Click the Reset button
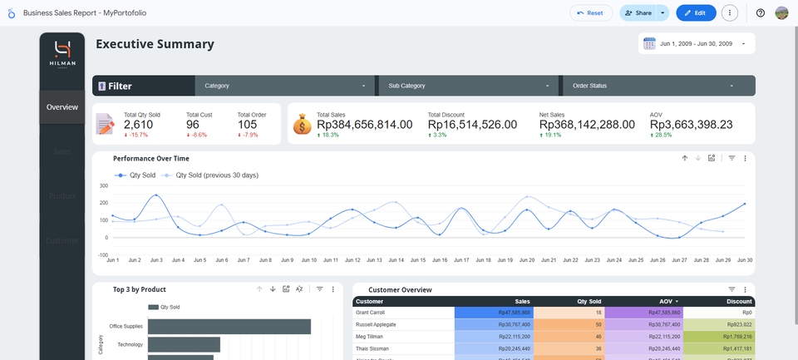(x=591, y=13)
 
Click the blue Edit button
(x=696, y=13)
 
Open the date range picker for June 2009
(x=697, y=43)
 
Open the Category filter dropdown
(x=285, y=86)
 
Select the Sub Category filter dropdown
(x=469, y=86)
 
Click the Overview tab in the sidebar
(x=62, y=107)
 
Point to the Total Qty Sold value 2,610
(x=138, y=125)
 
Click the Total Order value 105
(x=247, y=125)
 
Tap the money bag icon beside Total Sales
(x=303, y=124)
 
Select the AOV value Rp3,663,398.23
(x=691, y=125)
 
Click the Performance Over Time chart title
(x=151, y=158)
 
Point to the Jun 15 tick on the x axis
(x=417, y=260)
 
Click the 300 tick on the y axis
(x=104, y=185)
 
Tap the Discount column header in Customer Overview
(x=738, y=301)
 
